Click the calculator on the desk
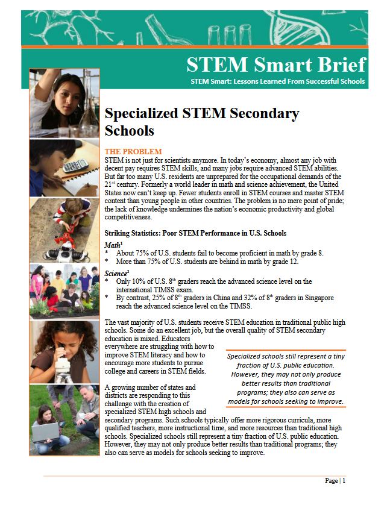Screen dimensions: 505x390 pyautogui.click(x=76, y=165)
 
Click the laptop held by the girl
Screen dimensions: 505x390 pyautogui.click(x=46, y=430)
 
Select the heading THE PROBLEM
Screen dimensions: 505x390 pyautogui.click(x=133, y=151)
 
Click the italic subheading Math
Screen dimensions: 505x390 pyautogui.click(x=113, y=245)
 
